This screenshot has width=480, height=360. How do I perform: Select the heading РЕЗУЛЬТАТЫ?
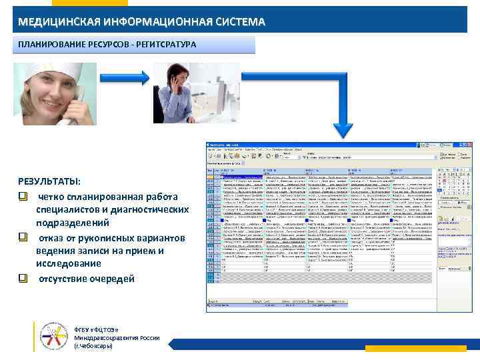[x=49, y=182]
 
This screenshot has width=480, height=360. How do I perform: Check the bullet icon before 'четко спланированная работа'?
[x=23, y=197]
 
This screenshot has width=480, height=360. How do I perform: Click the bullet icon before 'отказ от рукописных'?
[x=23, y=238]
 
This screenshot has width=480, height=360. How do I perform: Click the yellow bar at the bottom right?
[x=427, y=348]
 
